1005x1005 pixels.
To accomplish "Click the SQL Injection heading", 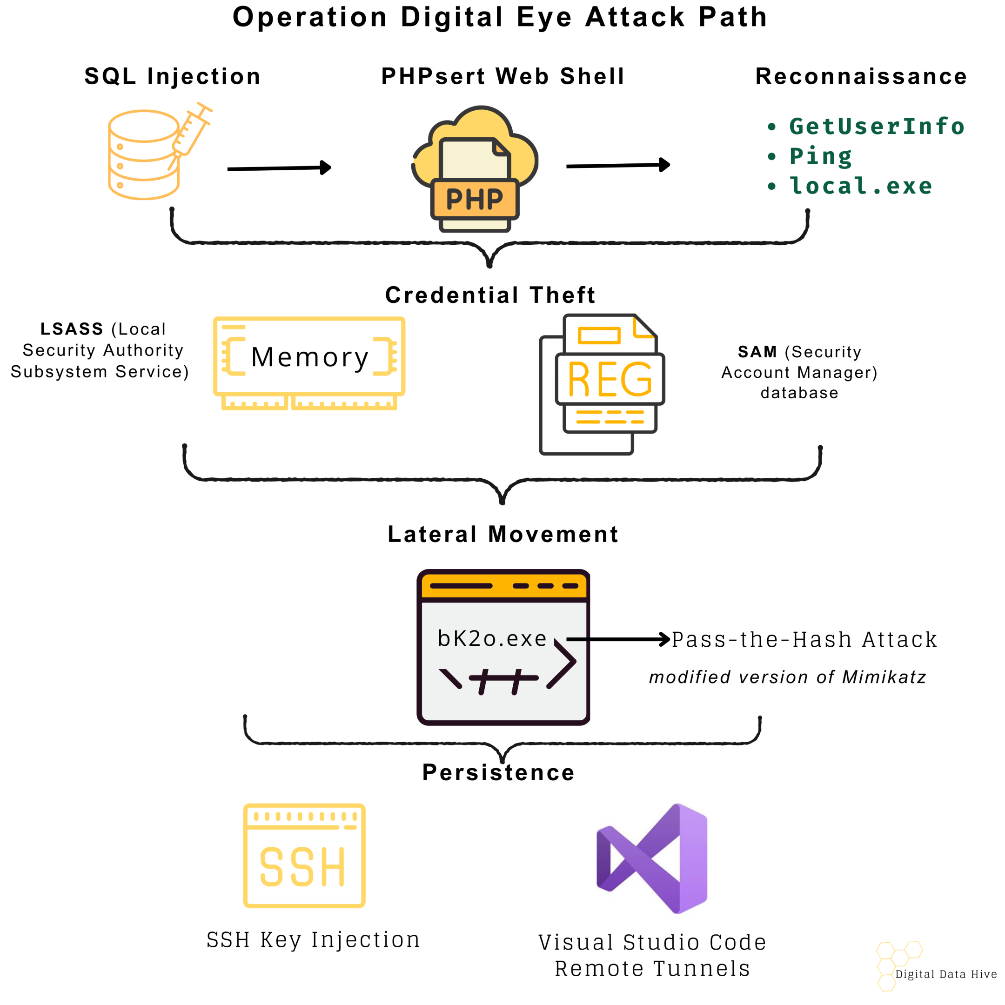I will pyautogui.click(x=172, y=76).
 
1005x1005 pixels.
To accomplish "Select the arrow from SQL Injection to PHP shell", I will pyautogui.click(x=279, y=168).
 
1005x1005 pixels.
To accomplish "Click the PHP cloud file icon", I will pyautogui.click(x=475, y=169).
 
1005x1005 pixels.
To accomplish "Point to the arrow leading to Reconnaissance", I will pyautogui.click(x=617, y=166).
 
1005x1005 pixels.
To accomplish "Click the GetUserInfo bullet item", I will pyautogui.click(x=877, y=127).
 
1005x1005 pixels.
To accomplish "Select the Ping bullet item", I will pyautogui.click(x=821, y=156).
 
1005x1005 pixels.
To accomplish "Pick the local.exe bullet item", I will pyautogui.click(x=861, y=186).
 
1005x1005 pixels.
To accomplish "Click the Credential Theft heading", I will pyautogui.click(x=490, y=295).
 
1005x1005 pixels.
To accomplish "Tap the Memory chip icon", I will pyautogui.click(x=309, y=362).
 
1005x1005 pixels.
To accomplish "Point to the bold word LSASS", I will pyautogui.click(x=72, y=329).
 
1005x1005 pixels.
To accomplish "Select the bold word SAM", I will pyautogui.click(x=757, y=352).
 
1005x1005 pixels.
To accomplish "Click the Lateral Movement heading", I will pyautogui.click(x=503, y=534).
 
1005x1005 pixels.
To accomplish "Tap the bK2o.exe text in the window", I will pyautogui.click(x=492, y=638).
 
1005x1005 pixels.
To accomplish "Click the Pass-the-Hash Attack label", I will pyautogui.click(x=804, y=639).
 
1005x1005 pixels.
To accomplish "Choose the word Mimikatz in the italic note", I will pyautogui.click(x=884, y=677).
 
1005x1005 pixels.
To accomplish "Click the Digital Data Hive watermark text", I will pyautogui.click(x=946, y=974).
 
